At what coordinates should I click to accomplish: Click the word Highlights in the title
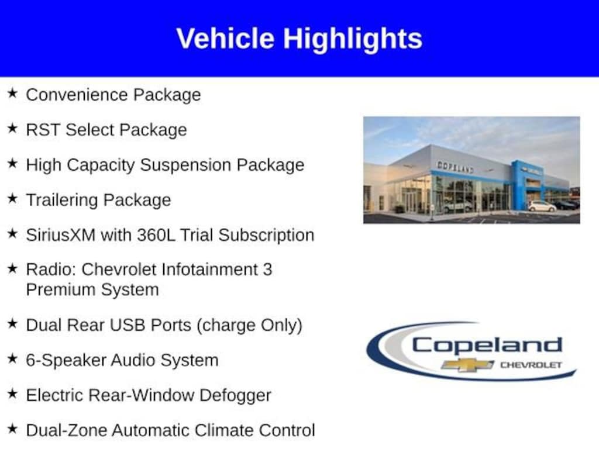[x=353, y=39]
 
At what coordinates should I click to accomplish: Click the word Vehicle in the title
[x=225, y=38]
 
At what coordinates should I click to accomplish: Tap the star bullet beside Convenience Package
[x=13, y=93]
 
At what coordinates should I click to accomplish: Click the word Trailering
[x=62, y=201]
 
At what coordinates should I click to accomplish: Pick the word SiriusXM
[x=61, y=235]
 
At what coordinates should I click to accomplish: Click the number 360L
[x=156, y=235]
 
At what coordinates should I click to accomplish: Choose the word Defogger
[x=235, y=396]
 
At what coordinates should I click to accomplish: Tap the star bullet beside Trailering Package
[x=13, y=198]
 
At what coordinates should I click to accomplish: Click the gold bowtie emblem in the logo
[x=467, y=365]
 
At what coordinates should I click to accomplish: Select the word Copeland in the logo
[x=487, y=346]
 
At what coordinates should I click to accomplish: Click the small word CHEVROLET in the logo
[x=531, y=365]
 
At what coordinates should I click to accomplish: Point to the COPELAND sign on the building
[x=455, y=167]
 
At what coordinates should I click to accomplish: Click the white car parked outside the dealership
[x=542, y=206]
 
